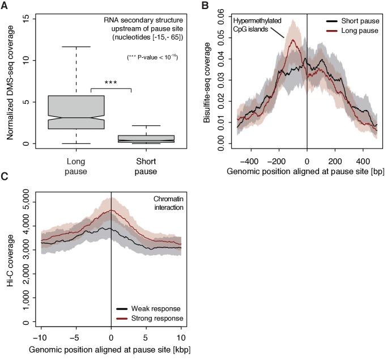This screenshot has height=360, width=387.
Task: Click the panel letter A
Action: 5,6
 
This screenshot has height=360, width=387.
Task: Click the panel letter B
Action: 205,6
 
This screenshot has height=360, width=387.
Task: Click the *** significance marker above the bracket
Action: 111,82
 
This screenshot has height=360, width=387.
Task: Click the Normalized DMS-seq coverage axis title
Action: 10,79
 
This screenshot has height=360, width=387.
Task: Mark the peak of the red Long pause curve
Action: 293,40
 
